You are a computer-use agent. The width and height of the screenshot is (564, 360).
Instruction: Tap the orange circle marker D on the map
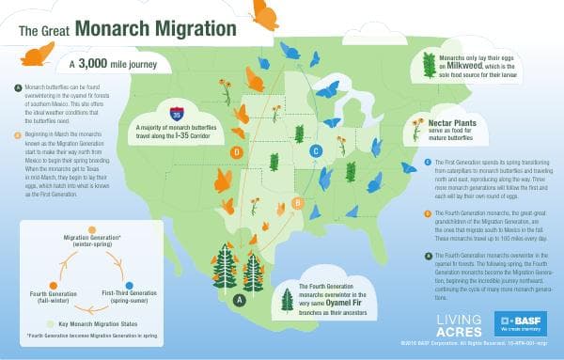237,151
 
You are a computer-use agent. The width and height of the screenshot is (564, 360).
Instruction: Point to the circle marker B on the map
297,202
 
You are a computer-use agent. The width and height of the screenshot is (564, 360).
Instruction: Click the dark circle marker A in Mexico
239,299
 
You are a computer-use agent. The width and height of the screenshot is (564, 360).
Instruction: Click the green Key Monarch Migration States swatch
46,323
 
